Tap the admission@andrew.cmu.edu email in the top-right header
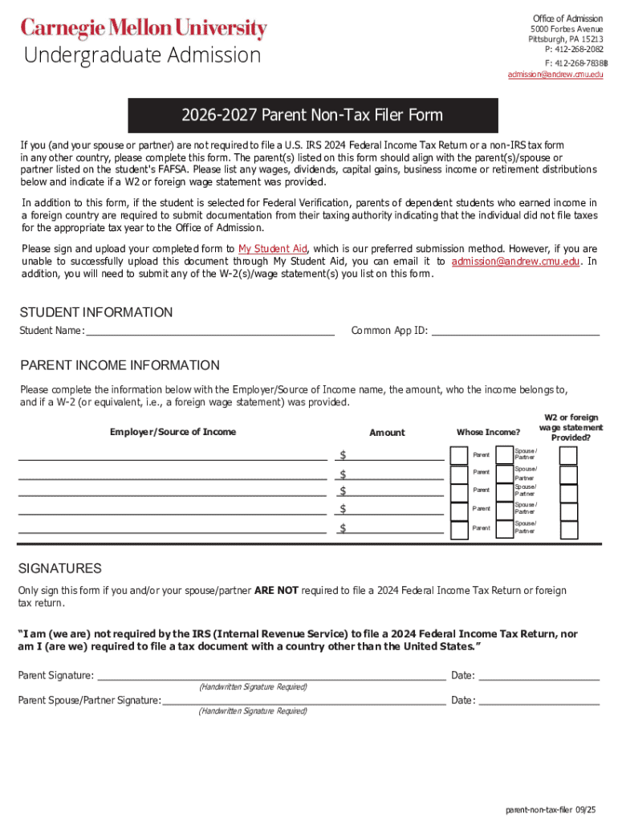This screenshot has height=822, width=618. (x=555, y=75)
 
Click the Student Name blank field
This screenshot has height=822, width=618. (x=209, y=330)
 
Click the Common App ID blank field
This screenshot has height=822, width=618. (x=515, y=330)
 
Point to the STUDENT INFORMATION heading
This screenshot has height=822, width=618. (x=96, y=312)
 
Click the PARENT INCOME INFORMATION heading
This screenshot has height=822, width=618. (x=119, y=365)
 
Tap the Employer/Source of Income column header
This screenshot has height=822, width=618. (x=173, y=432)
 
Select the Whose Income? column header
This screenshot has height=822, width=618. (x=488, y=433)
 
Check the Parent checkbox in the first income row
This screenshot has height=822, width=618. (x=459, y=455)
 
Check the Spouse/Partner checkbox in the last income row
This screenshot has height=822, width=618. (x=505, y=529)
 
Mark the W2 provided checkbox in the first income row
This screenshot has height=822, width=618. (x=568, y=455)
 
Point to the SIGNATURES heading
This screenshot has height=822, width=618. (x=59, y=568)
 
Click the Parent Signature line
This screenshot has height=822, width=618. (x=270, y=675)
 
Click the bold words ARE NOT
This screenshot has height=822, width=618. (x=276, y=590)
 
